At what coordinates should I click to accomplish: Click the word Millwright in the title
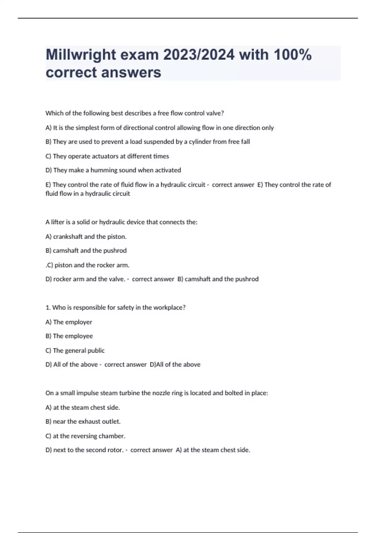click(81, 55)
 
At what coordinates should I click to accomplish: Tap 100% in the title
click(293, 55)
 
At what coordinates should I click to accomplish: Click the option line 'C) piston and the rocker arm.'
click(88, 265)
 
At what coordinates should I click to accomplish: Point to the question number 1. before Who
click(48, 308)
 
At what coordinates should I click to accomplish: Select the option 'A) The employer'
click(69, 322)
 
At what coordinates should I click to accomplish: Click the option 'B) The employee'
click(69, 336)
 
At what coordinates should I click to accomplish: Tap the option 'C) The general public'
click(75, 351)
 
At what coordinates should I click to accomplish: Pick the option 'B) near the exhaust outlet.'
click(83, 422)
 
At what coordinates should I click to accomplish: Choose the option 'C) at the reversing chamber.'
click(86, 436)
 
